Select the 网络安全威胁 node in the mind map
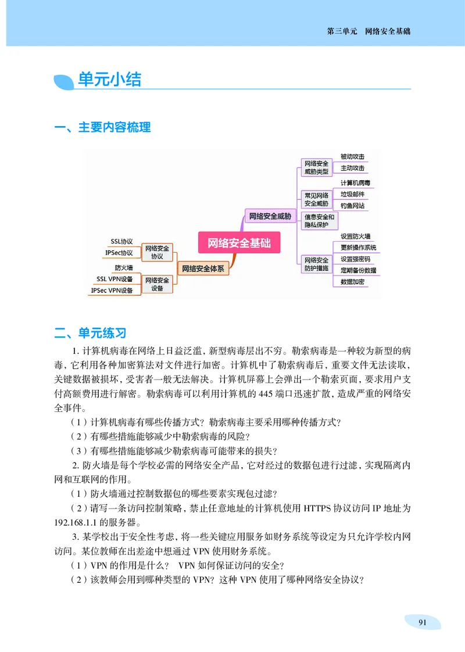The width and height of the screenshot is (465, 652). [x=270, y=217]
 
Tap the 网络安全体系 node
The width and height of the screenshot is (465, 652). [x=203, y=268]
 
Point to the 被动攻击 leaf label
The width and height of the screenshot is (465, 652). [x=352, y=157]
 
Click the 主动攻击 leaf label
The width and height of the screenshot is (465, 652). [x=352, y=168]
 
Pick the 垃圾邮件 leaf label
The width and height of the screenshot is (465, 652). [x=352, y=195]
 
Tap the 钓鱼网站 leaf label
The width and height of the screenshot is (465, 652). [x=352, y=206]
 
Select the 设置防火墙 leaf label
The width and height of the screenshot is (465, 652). [x=355, y=236]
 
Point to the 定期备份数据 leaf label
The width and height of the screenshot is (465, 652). [x=358, y=270]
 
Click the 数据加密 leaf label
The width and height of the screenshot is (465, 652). [x=352, y=282]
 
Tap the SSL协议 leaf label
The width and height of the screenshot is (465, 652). [x=122, y=241]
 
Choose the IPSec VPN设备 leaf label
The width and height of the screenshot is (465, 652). [x=112, y=290]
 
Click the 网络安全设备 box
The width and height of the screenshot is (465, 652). [x=157, y=284]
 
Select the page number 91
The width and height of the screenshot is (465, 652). [x=423, y=622]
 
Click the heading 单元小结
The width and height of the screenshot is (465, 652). [x=109, y=80]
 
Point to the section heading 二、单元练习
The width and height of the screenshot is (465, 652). [x=90, y=333]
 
